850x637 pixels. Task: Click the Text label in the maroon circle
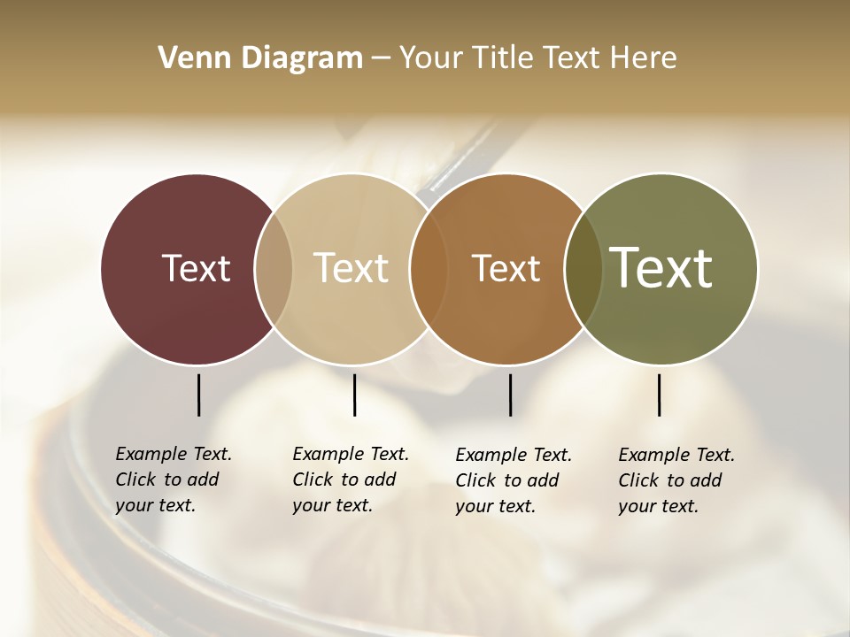[196, 268]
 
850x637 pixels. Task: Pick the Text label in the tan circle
[352, 268]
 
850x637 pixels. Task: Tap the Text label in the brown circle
[506, 268]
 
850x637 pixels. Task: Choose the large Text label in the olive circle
[661, 268]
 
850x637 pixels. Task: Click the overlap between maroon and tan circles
[274, 269]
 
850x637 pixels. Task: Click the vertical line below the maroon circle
[198, 395]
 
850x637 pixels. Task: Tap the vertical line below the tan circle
[354, 395]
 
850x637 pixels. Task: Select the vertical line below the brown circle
[510, 395]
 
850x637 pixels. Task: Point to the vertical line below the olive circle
[659, 395]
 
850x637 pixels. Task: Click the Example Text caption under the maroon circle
[173, 480]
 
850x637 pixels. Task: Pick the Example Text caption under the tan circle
[350, 480]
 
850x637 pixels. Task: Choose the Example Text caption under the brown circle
[513, 480]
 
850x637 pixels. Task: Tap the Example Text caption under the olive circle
[676, 480]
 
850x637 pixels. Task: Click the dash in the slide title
[381, 59]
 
